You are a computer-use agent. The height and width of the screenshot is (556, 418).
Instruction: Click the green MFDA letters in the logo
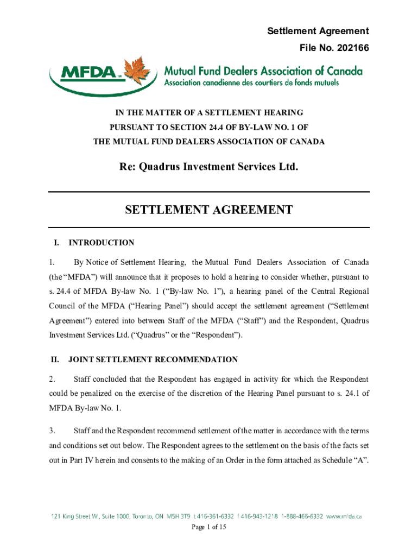tap(87, 73)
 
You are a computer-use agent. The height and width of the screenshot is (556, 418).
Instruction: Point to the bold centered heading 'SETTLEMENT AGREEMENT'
tap(209, 210)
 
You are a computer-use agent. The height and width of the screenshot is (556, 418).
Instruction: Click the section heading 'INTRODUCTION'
tap(102, 243)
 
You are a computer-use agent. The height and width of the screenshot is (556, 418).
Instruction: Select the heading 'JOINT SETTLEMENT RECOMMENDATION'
tap(153, 359)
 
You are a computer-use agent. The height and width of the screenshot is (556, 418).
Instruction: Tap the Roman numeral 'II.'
tap(55, 359)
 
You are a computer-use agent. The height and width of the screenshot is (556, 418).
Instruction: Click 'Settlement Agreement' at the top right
tap(318, 31)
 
